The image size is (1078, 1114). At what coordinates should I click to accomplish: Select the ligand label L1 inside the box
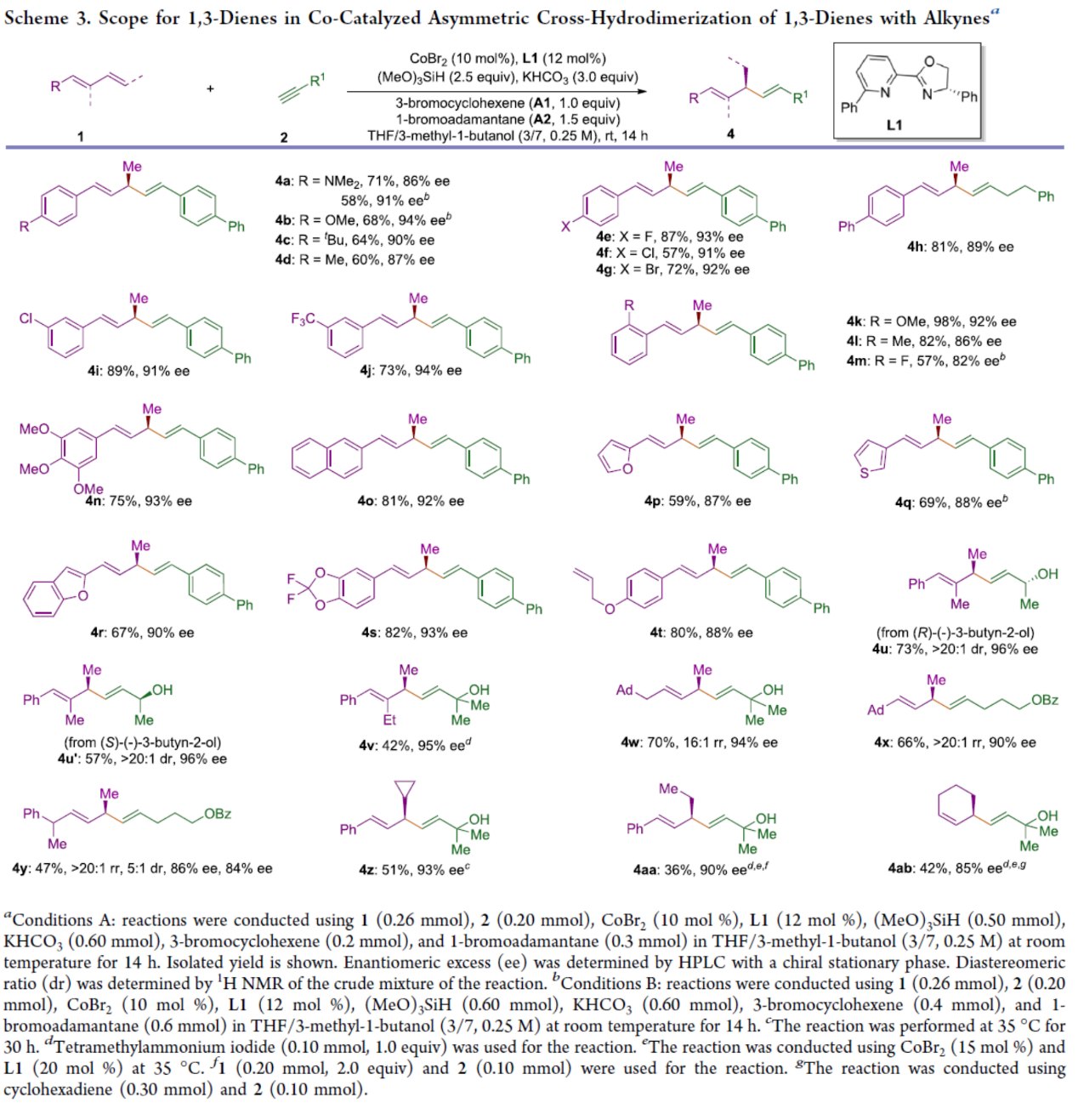[894, 125]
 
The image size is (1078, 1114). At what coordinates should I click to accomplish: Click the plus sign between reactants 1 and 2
[210, 88]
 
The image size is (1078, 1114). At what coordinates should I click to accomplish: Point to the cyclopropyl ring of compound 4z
[406, 789]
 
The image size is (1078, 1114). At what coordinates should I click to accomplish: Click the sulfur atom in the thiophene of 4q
[865, 473]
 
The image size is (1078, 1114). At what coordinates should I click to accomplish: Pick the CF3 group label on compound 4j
[304, 319]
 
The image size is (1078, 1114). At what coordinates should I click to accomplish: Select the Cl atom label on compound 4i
[26, 318]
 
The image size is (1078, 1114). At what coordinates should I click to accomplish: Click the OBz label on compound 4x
[1045, 700]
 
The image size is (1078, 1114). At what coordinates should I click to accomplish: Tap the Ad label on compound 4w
[625, 691]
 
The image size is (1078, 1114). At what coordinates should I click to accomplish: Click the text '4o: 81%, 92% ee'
[411, 501]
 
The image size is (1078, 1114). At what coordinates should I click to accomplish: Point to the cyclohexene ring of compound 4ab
[956, 804]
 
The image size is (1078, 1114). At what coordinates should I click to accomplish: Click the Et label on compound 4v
[389, 720]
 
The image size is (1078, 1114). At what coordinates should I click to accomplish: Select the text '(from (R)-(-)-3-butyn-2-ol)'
[956, 632]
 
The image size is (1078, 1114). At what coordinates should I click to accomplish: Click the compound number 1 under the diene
[81, 135]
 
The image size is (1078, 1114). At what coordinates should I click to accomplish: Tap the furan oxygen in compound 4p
[627, 469]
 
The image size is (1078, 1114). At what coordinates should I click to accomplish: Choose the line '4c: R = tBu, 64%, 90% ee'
[355, 241]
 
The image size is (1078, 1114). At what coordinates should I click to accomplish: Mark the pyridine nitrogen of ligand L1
[884, 92]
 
